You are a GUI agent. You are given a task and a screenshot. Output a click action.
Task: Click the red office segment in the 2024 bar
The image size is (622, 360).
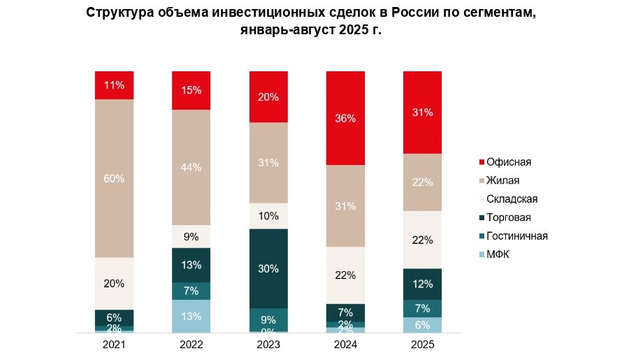pyautogui.click(x=345, y=118)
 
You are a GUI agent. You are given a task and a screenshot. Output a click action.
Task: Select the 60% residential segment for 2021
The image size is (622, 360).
pyautogui.click(x=114, y=178)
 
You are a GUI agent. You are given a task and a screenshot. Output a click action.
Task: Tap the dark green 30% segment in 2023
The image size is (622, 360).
pyautogui.click(x=268, y=268)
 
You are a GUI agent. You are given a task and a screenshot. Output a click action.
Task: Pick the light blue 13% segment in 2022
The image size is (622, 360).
pyautogui.click(x=191, y=317)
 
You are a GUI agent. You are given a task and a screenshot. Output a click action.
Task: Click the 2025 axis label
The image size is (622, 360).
pyautogui.click(x=422, y=345)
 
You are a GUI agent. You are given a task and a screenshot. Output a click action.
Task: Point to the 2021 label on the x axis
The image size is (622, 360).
pyautogui.click(x=114, y=345)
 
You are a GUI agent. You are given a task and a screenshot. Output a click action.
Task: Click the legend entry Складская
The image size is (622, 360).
pyautogui.click(x=512, y=199)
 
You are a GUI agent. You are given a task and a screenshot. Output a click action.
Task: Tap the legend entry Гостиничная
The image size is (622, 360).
pyautogui.click(x=516, y=236)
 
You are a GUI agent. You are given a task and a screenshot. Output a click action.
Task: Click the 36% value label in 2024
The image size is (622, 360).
pyautogui.click(x=345, y=118)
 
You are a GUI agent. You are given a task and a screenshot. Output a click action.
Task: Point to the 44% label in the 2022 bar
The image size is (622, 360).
pyautogui.click(x=191, y=168)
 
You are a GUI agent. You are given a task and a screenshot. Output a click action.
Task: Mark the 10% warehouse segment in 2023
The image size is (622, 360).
pyautogui.click(x=268, y=216)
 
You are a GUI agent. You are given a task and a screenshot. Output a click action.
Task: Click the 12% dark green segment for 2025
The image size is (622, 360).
pyautogui.click(x=422, y=284)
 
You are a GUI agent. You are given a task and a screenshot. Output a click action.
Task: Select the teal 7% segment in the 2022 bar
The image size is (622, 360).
pyautogui.click(x=191, y=291)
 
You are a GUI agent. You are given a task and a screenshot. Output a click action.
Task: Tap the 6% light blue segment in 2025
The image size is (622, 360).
pyautogui.click(x=422, y=325)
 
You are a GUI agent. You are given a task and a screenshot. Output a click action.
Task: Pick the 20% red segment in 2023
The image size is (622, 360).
pyautogui.click(x=268, y=97)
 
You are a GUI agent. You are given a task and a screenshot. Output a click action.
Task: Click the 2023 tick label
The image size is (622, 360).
pyautogui.click(x=268, y=345)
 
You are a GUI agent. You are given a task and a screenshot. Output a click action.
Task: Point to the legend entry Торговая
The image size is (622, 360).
pyautogui.click(x=508, y=217)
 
